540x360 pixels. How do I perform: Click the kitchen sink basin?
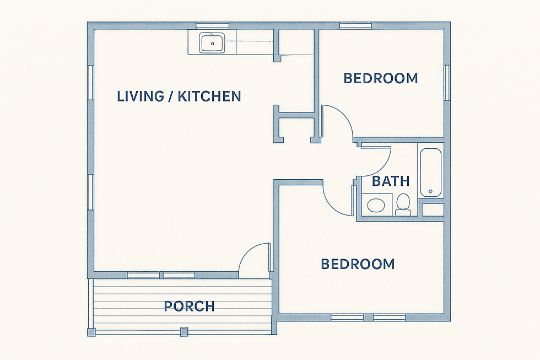(x=212, y=43)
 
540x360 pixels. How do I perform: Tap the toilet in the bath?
(x=403, y=205)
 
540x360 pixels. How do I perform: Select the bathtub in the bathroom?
(x=430, y=173)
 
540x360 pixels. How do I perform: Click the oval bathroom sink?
(x=376, y=206)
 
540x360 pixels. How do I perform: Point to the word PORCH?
(x=189, y=306)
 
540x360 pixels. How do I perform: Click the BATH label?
(x=391, y=181)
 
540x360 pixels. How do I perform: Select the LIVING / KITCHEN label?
(x=179, y=96)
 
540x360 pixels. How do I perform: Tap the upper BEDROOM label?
(x=381, y=78)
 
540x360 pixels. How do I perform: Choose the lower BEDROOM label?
(x=358, y=264)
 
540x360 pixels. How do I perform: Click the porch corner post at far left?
(x=91, y=332)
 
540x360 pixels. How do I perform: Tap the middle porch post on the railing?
(x=184, y=332)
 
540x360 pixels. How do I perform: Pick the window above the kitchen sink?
(x=213, y=25)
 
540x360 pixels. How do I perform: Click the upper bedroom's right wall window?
(x=447, y=83)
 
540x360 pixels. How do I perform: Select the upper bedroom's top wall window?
(x=356, y=25)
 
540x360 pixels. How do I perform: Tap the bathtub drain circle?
(x=430, y=191)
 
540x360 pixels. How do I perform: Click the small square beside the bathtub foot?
(x=433, y=210)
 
